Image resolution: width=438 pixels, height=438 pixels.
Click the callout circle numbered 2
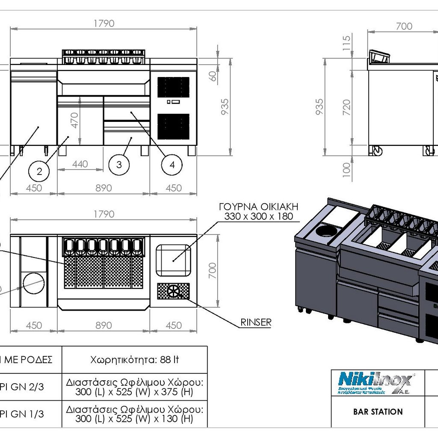[39, 172]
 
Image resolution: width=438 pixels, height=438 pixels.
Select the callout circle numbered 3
[119, 165]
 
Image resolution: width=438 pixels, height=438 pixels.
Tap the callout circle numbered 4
[172, 165]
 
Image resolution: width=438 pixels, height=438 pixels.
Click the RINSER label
[256, 322]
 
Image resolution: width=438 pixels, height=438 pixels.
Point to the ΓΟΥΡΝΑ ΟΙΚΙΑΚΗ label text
[258, 207]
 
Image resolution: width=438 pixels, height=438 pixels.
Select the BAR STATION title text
[378, 412]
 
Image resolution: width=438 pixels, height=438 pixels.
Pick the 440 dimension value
[80, 164]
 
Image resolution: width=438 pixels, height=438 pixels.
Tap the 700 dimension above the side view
[404, 26]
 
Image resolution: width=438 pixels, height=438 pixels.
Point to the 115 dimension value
[347, 43]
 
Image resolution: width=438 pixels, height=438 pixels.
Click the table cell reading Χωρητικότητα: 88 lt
[135, 360]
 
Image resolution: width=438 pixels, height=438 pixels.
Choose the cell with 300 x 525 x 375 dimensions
[135, 387]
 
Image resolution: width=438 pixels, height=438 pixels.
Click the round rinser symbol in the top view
[174, 292]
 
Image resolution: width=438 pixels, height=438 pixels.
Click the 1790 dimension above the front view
[104, 24]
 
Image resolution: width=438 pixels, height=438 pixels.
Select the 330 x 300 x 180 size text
[258, 217]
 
